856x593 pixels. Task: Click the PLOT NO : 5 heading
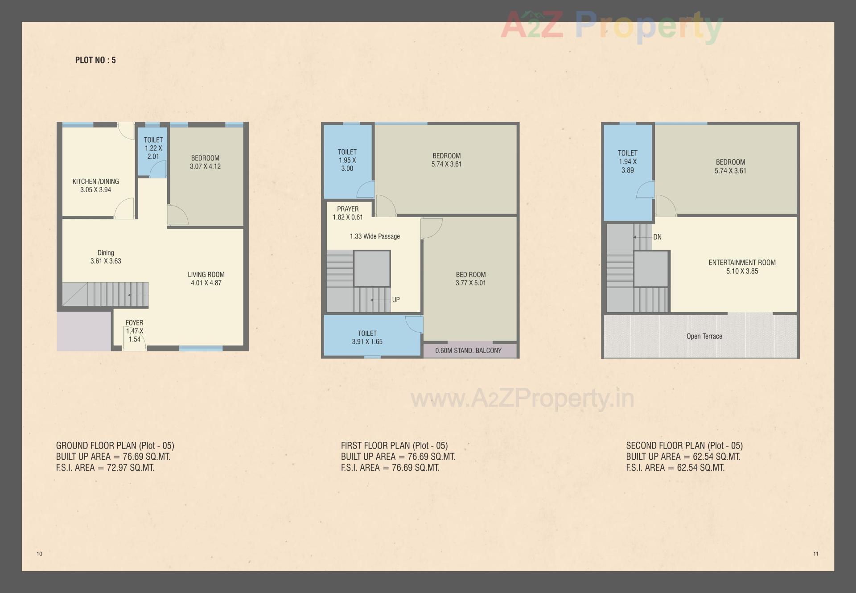[x=95, y=60]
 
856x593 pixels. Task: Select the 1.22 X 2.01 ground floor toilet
[x=153, y=148]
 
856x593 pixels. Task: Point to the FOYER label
[x=134, y=323]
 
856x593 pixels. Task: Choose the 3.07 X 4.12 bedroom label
[x=205, y=162]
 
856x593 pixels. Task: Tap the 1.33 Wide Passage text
[x=374, y=236]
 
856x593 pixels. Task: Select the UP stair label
[x=396, y=300]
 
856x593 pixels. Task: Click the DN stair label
[x=657, y=237]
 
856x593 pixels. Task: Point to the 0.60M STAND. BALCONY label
[x=468, y=350]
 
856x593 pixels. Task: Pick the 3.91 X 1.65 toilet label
[x=367, y=338]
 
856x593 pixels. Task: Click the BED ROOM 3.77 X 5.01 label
[x=470, y=279]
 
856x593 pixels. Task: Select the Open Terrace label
[x=704, y=336]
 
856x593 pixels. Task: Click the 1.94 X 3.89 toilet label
[x=627, y=161]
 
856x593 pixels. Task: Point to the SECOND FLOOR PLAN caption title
[x=684, y=445]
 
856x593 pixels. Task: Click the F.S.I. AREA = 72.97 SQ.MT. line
[x=105, y=468]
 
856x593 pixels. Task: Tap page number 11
[x=815, y=554]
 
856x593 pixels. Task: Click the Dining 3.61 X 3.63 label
[x=106, y=257]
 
